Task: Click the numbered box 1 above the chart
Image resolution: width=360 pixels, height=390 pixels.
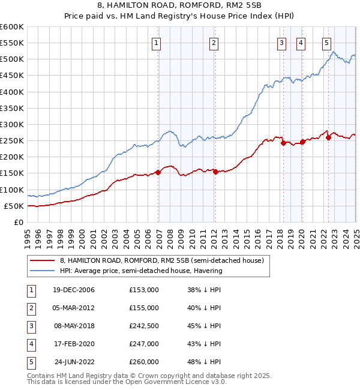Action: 156,43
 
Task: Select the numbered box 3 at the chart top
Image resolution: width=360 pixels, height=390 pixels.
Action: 281,43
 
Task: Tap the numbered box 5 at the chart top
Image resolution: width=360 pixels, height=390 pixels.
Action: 326,43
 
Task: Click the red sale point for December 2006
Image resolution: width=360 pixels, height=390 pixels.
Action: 158,172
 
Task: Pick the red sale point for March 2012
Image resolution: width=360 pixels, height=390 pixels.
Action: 215,172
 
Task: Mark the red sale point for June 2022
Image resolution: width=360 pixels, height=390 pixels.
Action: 328,137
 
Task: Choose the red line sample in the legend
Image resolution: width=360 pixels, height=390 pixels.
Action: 43,260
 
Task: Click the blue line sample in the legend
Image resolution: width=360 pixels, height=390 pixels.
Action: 43,271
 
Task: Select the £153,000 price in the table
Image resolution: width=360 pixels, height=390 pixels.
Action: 144,290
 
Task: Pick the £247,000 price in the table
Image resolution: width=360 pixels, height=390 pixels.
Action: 144,344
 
